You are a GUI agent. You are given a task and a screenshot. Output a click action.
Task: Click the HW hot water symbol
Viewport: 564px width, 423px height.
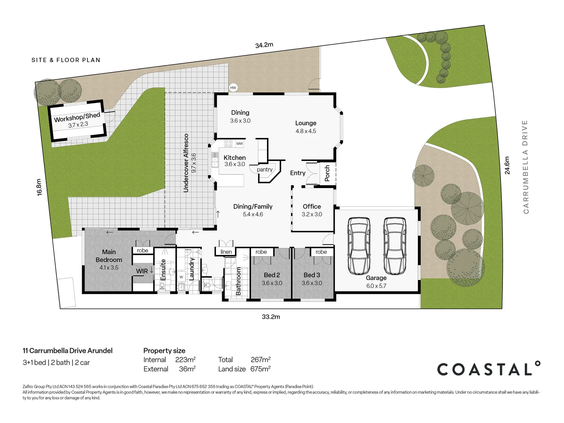pos(233,88)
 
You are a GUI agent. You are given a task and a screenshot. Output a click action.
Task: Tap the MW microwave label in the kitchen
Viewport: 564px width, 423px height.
pos(239,144)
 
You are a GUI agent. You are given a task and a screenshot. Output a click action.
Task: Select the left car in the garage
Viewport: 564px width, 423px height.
pos(359,246)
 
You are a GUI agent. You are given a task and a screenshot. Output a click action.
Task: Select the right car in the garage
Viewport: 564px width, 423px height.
pos(394,246)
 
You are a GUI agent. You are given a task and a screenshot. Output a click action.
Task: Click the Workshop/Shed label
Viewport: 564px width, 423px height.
pos(77,117)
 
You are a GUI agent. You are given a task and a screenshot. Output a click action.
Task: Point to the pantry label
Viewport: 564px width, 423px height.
pos(265,170)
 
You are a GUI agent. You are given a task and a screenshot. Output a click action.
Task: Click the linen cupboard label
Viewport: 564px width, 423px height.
pos(226,252)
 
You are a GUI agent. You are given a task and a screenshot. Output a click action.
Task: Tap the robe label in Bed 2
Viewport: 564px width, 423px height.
pos(261,252)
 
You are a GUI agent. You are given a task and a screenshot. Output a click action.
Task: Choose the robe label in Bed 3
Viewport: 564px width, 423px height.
pos(321,252)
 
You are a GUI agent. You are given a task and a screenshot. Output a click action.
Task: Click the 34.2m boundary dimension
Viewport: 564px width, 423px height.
pos(264,45)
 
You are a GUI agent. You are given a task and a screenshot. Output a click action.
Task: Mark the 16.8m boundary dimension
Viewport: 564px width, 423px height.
pos(39,187)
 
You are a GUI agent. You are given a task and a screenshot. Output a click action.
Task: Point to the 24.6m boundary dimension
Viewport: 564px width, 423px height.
pos(507,165)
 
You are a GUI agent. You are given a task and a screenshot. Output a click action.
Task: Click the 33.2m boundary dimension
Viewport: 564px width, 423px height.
pos(271,316)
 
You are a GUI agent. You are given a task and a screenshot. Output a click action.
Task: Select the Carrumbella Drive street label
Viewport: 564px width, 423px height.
pos(526,167)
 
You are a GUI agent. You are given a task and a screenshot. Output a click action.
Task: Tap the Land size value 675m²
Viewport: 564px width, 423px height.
pos(260,369)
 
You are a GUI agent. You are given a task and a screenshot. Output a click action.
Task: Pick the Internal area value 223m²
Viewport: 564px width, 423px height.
pos(185,360)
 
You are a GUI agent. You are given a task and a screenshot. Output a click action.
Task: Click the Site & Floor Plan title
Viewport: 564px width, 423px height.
pos(66,60)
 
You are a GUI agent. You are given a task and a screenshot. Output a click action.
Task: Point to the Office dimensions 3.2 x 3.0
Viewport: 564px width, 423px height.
pos(312,214)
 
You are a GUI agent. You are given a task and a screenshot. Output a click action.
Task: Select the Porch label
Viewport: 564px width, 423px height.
pos(327,173)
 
